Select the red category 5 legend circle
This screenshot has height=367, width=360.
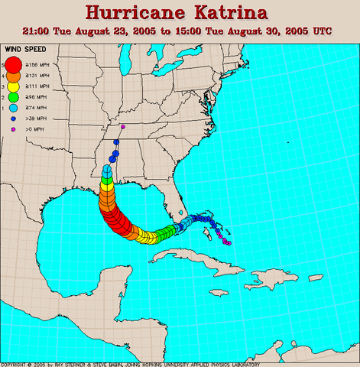click(14, 63)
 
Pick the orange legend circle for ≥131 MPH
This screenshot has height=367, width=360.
click(14, 77)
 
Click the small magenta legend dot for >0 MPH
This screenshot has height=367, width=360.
click(14, 129)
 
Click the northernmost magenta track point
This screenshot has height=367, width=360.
click(123, 127)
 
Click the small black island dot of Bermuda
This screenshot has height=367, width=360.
click(287, 142)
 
